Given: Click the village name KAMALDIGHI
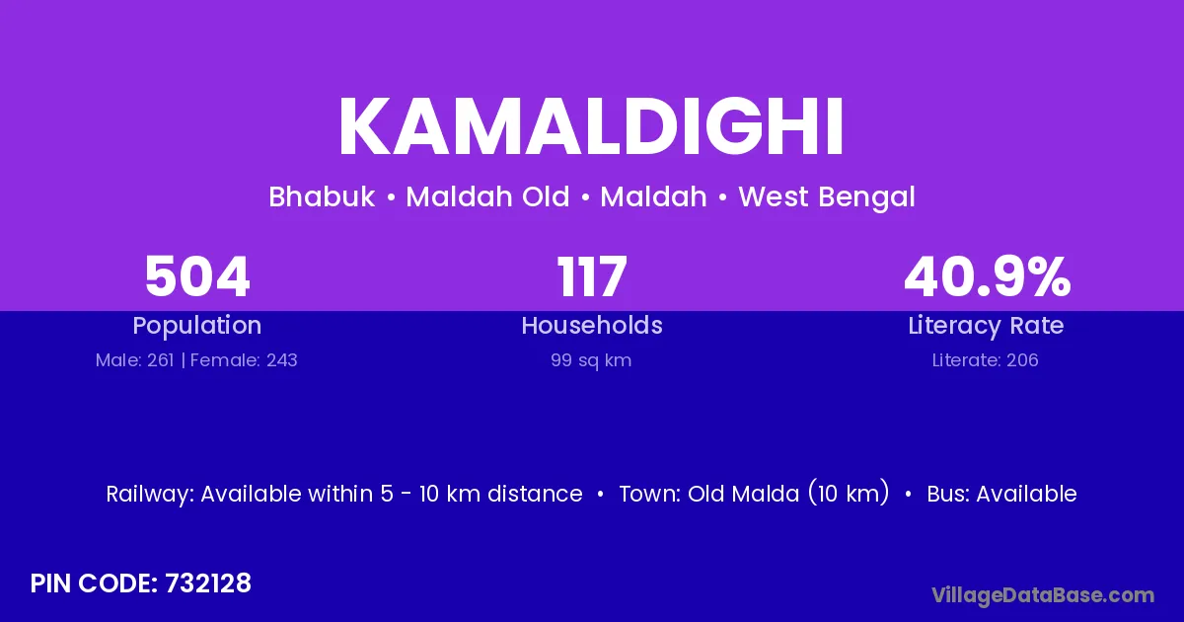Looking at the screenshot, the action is [x=591, y=126].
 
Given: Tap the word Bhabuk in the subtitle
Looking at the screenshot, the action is [x=322, y=196].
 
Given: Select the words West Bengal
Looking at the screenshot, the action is [x=827, y=197].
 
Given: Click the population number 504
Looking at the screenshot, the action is [x=197, y=276].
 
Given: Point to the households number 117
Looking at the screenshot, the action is [x=592, y=276].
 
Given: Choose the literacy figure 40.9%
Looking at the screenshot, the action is [x=988, y=276].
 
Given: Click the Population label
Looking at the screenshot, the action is [x=197, y=326].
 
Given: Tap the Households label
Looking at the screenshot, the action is [x=592, y=325].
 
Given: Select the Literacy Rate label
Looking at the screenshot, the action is [x=986, y=326].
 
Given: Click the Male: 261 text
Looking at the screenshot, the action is [x=135, y=360].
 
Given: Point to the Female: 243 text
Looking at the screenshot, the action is [x=244, y=360].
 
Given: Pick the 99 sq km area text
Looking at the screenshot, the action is [x=591, y=360].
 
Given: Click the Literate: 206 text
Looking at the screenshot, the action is [x=986, y=360].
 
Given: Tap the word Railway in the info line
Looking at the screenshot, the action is [x=150, y=495].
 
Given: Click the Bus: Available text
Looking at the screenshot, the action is [x=1001, y=494].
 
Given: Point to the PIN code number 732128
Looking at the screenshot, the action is [x=208, y=583].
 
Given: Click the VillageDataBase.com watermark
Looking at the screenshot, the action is [x=1043, y=595].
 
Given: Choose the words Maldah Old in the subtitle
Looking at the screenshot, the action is [x=487, y=196].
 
